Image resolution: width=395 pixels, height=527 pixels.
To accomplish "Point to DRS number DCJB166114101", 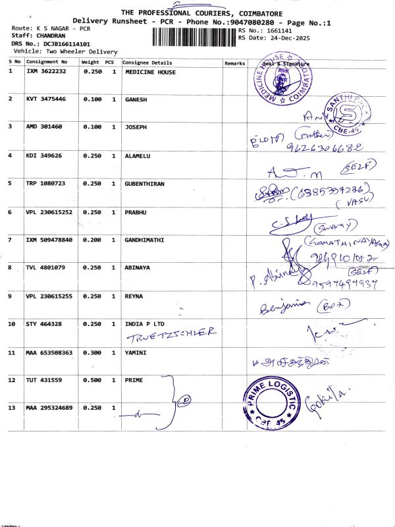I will (68, 43).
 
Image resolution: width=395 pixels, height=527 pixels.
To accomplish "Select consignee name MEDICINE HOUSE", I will (150, 72).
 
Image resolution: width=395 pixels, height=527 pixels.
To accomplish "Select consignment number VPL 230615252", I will (49, 212).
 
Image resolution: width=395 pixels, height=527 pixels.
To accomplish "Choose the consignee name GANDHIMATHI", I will (145, 240).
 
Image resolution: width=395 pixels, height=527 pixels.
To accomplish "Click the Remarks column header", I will (234, 63).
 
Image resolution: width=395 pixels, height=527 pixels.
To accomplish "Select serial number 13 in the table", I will (12, 408).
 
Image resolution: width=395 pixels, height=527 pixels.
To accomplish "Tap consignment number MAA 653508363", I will (49, 353).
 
